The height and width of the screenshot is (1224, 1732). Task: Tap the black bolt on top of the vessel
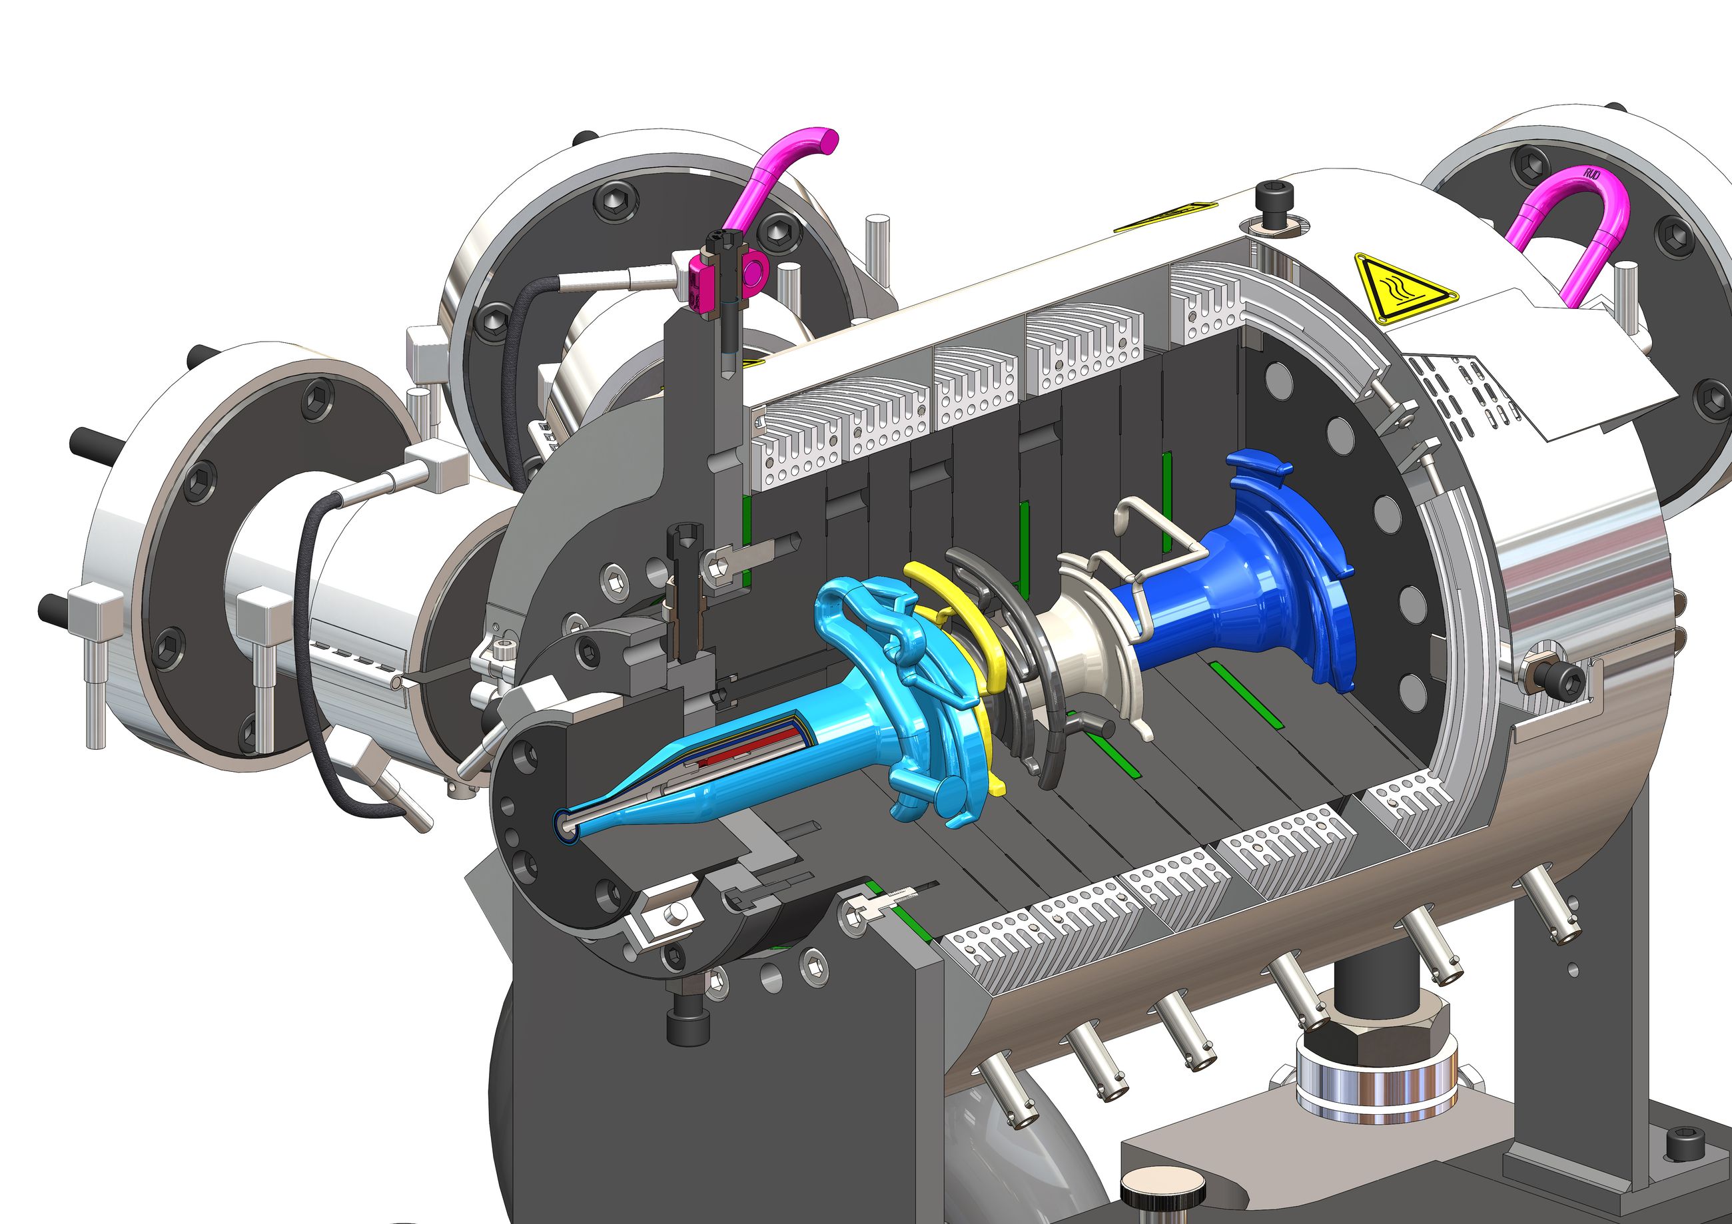click(x=1272, y=203)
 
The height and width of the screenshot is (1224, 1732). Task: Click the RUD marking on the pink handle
click(x=1593, y=174)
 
